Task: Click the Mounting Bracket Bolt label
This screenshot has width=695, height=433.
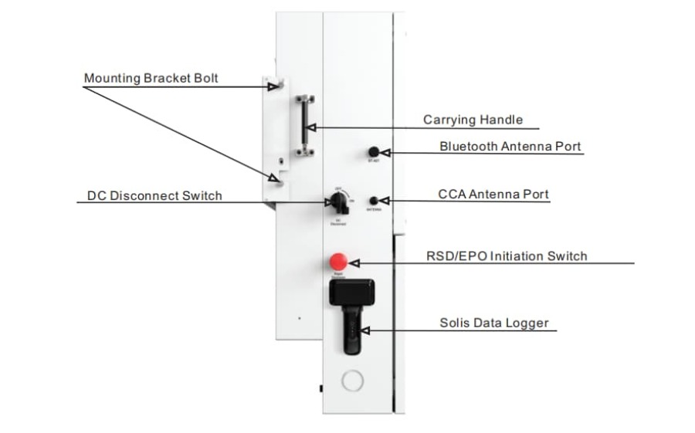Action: (x=151, y=79)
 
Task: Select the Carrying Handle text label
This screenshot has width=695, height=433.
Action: (x=473, y=120)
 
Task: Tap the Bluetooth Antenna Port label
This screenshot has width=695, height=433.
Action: (x=510, y=146)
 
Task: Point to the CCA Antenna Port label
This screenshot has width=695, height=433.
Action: (x=493, y=195)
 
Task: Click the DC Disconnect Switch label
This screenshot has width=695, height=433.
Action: (x=154, y=196)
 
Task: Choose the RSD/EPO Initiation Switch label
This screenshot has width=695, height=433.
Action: (x=507, y=256)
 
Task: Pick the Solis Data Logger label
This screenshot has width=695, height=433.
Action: (x=494, y=323)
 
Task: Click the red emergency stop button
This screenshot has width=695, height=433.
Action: (x=338, y=261)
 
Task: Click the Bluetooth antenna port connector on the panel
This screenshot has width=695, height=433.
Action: (x=374, y=152)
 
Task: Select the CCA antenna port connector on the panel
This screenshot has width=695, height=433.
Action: (x=374, y=200)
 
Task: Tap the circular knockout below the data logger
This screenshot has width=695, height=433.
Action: (x=351, y=380)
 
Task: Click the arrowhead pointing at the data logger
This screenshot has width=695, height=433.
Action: (x=365, y=330)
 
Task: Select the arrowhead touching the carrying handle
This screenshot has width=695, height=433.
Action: (x=310, y=127)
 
